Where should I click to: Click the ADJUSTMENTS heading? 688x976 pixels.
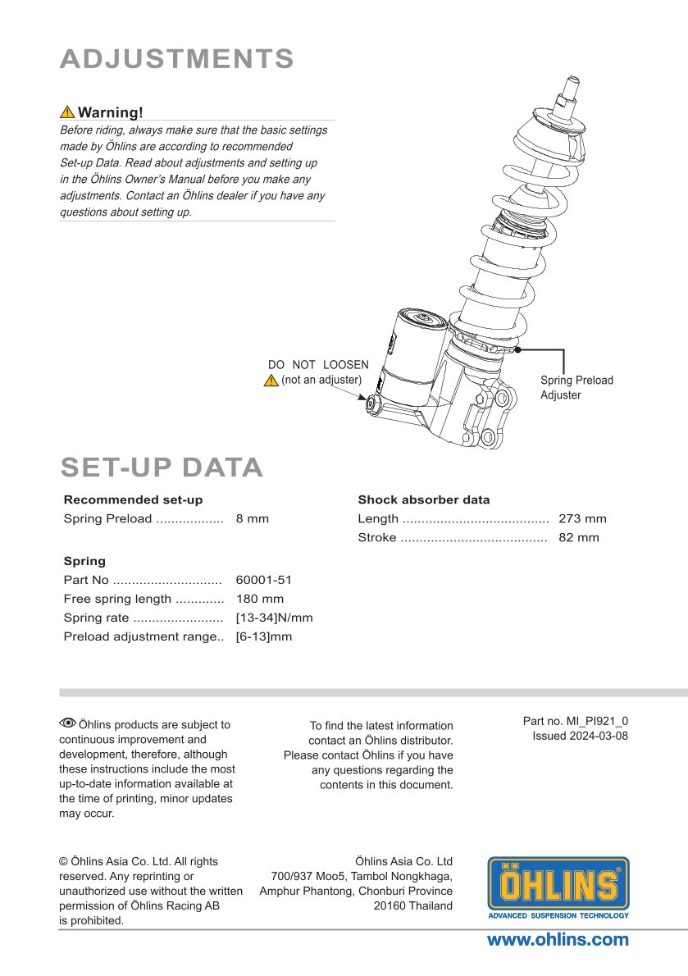click(x=177, y=59)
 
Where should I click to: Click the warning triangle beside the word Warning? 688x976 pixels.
click(x=67, y=112)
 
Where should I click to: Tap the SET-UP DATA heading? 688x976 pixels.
click(x=162, y=467)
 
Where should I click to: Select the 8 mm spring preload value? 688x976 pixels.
click(x=252, y=518)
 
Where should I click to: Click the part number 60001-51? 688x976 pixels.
click(x=263, y=580)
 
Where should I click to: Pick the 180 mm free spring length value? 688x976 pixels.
click(x=259, y=599)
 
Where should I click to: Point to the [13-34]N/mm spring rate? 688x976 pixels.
click(x=274, y=618)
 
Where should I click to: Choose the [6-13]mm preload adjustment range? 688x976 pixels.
click(x=263, y=636)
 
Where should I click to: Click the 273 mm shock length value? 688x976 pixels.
click(x=582, y=518)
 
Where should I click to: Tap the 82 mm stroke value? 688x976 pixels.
click(x=578, y=538)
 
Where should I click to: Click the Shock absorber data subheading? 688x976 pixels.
click(x=423, y=499)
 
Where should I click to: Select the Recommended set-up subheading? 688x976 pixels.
click(x=133, y=499)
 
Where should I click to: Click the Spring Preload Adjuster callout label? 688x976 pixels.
click(x=576, y=387)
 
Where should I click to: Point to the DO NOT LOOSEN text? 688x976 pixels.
click(x=318, y=365)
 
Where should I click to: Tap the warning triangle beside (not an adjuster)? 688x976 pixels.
click(x=271, y=381)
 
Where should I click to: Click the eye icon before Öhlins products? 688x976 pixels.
click(x=67, y=723)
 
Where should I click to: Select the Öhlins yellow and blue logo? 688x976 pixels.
click(x=558, y=887)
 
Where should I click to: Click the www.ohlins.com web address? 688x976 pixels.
click(x=558, y=940)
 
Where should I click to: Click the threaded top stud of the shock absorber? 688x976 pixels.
click(x=571, y=88)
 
